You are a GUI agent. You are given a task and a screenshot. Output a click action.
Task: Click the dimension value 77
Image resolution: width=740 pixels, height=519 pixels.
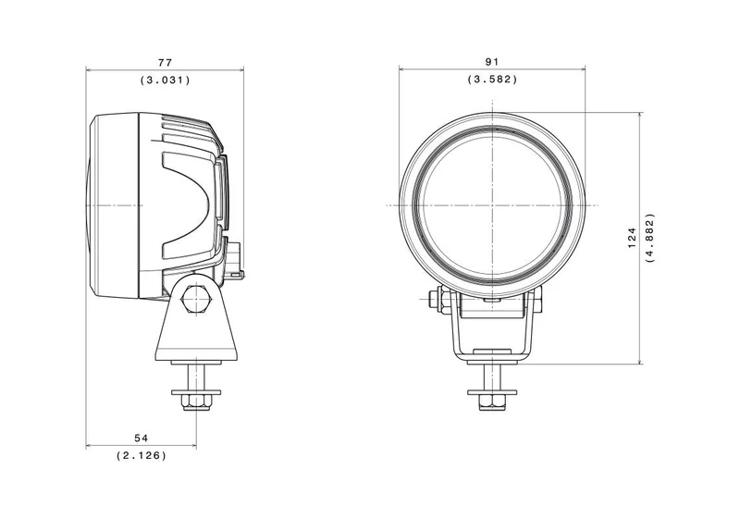coord(166,62)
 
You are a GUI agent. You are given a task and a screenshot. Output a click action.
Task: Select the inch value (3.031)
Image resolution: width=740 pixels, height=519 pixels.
coord(166,80)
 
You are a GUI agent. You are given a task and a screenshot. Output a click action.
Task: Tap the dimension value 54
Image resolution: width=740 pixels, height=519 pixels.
coord(142,439)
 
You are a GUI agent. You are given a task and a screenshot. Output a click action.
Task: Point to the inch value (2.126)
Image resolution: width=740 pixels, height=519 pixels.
coord(142,456)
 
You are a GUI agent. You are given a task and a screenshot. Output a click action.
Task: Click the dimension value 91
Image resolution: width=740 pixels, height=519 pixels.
coord(492,61)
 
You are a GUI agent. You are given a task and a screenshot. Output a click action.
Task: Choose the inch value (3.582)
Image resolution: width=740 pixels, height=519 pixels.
coord(492,80)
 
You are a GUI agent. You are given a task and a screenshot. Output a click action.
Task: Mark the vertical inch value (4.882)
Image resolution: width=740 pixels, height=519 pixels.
coord(650,239)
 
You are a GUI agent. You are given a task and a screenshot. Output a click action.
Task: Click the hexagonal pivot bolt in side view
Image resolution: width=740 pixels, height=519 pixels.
coord(195,299)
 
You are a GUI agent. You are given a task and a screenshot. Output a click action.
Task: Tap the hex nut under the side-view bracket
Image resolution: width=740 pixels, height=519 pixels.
coord(196,403)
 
